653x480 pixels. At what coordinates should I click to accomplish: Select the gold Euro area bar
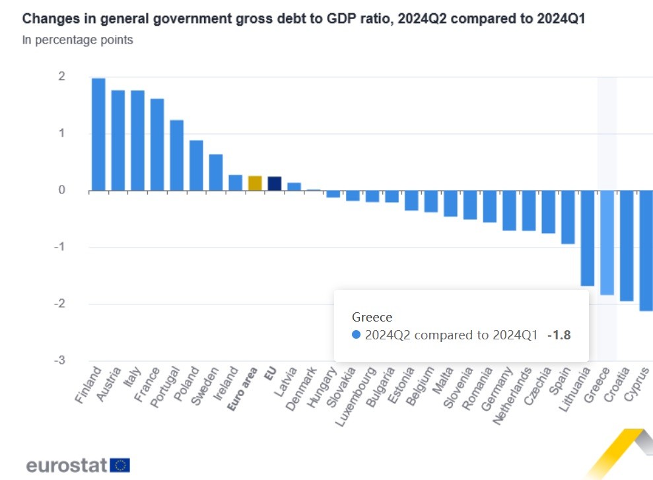(x=255, y=184)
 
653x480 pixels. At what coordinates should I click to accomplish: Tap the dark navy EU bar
(x=275, y=184)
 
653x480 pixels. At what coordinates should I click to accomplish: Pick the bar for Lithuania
(x=587, y=238)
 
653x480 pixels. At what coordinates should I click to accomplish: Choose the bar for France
(x=157, y=145)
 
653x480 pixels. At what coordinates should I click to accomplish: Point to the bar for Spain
(x=567, y=217)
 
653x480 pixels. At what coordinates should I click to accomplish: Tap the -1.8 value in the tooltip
(x=559, y=335)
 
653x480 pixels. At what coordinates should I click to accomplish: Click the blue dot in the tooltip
(x=357, y=335)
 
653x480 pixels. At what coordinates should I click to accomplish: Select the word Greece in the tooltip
(x=372, y=317)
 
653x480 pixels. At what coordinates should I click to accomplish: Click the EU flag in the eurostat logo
(x=120, y=465)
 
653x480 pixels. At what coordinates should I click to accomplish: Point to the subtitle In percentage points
(x=77, y=40)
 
